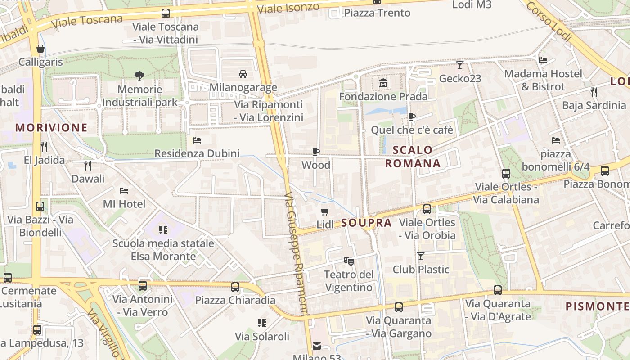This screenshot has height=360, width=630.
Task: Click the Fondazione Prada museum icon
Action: [383, 83]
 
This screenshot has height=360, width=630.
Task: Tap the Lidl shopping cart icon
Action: [325, 211]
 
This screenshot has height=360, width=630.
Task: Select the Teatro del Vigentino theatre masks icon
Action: [348, 261]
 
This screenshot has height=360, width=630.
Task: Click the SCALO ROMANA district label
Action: [413, 157]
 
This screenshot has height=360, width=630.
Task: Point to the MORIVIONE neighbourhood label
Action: [51, 128]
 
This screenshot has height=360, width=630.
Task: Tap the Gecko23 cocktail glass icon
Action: [459, 65]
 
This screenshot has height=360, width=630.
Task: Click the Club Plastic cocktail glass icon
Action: [421, 256]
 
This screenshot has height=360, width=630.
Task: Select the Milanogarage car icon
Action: [243, 74]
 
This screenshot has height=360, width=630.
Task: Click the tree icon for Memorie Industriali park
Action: [139, 76]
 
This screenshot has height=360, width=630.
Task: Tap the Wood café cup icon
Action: [316, 152]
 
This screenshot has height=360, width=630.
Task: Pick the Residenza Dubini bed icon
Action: [197, 140]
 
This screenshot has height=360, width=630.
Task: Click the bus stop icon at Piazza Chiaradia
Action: [235, 287]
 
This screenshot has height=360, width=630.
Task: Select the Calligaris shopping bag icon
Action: [41, 49]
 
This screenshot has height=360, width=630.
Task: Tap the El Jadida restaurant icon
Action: [44, 147]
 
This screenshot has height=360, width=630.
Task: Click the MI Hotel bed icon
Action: [124, 191]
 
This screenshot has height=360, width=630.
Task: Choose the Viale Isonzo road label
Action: [288, 8]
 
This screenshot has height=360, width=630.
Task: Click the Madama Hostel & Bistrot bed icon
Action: [543, 60]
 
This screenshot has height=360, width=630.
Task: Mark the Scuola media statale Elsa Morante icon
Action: [163, 230]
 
